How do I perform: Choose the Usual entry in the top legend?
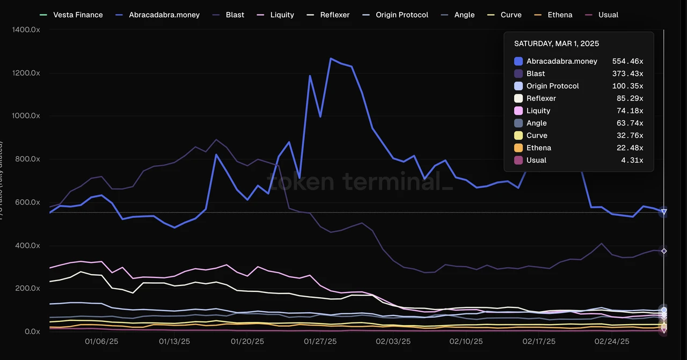click(603, 15)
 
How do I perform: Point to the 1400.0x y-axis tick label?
click(26, 30)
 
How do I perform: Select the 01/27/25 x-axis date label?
click(320, 341)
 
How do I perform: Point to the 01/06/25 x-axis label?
click(101, 341)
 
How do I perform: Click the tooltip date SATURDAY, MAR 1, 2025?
click(557, 43)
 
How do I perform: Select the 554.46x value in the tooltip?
click(627, 61)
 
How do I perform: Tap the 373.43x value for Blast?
click(627, 74)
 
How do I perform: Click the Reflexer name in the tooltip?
click(541, 98)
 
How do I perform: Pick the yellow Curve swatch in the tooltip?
click(518, 135)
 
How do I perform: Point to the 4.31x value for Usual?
click(633, 160)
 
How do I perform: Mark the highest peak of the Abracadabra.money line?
click(331, 58)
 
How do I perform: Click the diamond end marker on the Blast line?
click(664, 251)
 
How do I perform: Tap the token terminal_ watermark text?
click(360, 181)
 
